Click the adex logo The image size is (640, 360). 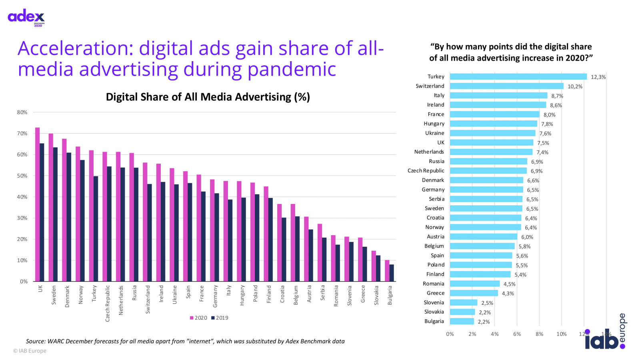point(26,17)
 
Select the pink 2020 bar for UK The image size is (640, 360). point(37,204)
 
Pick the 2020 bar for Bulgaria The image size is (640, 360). point(387,271)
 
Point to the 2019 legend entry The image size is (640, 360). point(220,318)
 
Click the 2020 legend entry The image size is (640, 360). point(198,318)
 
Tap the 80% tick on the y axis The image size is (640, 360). point(22,112)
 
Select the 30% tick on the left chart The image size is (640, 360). point(22,218)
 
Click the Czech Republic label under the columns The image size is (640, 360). point(107,303)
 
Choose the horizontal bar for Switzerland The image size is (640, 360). point(506,86)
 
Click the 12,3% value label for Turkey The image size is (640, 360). point(598,77)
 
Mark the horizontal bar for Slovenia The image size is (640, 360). point(464,303)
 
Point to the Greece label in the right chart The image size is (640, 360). point(435,293)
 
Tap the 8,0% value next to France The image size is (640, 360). point(549,115)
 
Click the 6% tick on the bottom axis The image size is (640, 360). point(517,334)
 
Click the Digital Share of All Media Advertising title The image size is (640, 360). point(208,97)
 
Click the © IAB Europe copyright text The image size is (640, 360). point(30,351)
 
